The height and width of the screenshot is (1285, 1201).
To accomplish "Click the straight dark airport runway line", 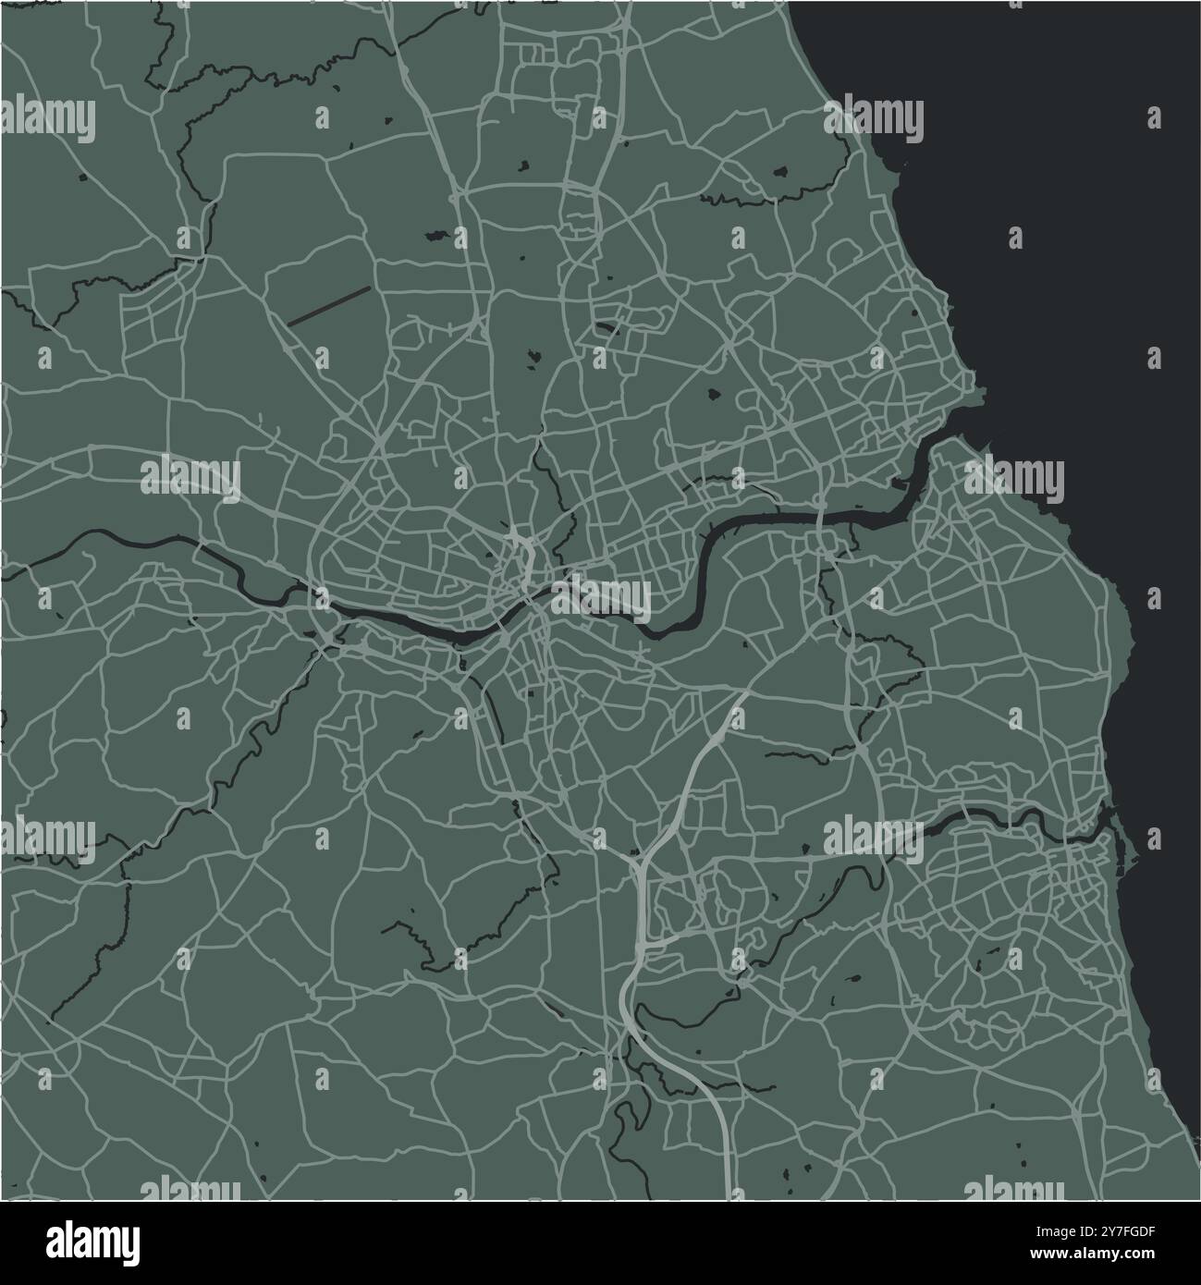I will pyautogui.click(x=329, y=304).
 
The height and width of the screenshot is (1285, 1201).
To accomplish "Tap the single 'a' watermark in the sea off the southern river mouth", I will pyautogui.click(x=1153, y=837).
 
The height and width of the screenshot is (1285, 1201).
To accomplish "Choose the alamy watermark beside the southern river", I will pyautogui.click(x=874, y=838).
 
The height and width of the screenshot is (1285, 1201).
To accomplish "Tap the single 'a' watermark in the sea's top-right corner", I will pyautogui.click(x=1153, y=118).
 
